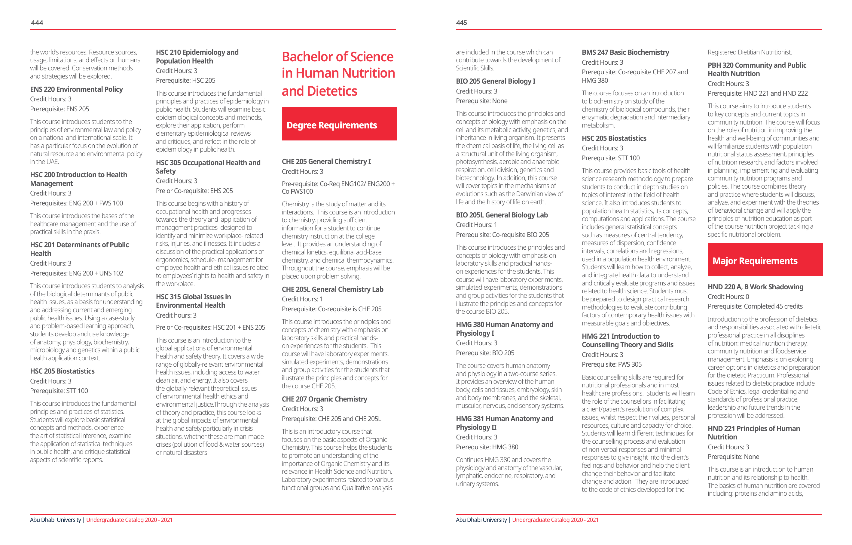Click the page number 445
coord(461,23)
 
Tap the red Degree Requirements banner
coord(339,124)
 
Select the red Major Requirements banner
coord(765,260)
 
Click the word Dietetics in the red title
coord(332,91)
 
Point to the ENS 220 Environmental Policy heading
coord(76,89)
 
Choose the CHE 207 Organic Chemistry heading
coord(325,399)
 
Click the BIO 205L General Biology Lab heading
coord(502,215)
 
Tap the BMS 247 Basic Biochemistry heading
coord(625,52)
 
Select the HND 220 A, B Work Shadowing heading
coord(755,287)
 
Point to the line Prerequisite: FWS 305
coord(611,365)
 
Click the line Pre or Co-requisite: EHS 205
coord(194,191)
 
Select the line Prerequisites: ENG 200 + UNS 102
coord(76,273)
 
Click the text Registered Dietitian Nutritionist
coord(750,52)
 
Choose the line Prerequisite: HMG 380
coord(487,447)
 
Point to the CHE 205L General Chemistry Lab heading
coord(332,289)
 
